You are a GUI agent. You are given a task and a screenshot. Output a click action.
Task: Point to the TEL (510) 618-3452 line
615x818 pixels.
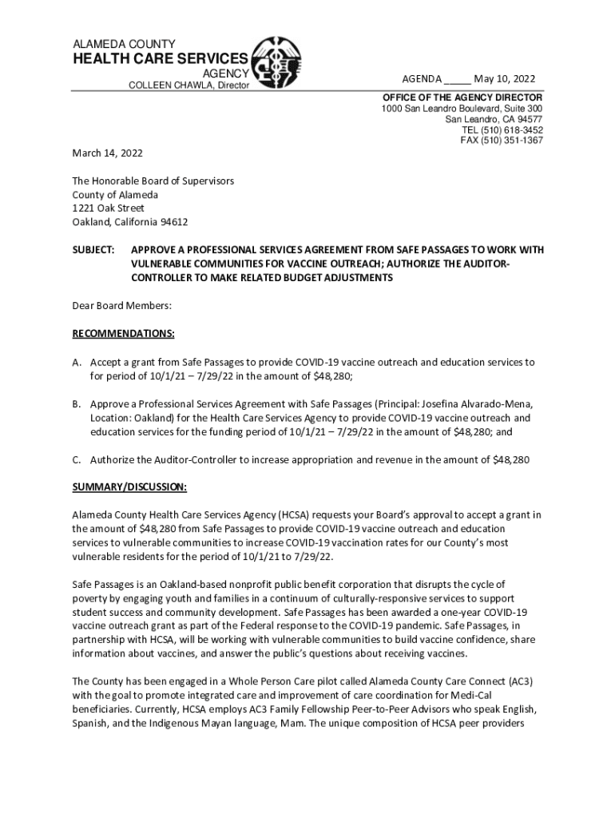[x=502, y=130]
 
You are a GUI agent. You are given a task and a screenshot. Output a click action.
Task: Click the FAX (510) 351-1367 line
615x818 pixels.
[x=502, y=141]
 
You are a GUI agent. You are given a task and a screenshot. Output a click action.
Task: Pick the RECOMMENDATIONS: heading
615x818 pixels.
[x=124, y=333]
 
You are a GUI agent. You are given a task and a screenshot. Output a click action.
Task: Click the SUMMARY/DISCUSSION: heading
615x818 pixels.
[x=130, y=487]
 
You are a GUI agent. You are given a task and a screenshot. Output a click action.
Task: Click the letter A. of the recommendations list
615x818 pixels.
[x=77, y=362]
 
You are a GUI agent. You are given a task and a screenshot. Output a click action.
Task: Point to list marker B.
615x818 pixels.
[x=77, y=404]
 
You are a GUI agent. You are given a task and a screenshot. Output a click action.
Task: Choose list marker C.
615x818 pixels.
[x=77, y=459]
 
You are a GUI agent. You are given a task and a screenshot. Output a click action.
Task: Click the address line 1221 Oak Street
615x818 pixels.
[x=108, y=208]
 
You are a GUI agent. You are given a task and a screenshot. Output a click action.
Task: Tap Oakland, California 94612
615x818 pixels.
[x=130, y=222]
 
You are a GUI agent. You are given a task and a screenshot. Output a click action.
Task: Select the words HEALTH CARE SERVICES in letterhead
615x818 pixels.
[x=161, y=59]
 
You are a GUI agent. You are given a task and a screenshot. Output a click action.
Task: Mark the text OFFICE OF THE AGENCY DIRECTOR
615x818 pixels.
[x=462, y=97]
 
